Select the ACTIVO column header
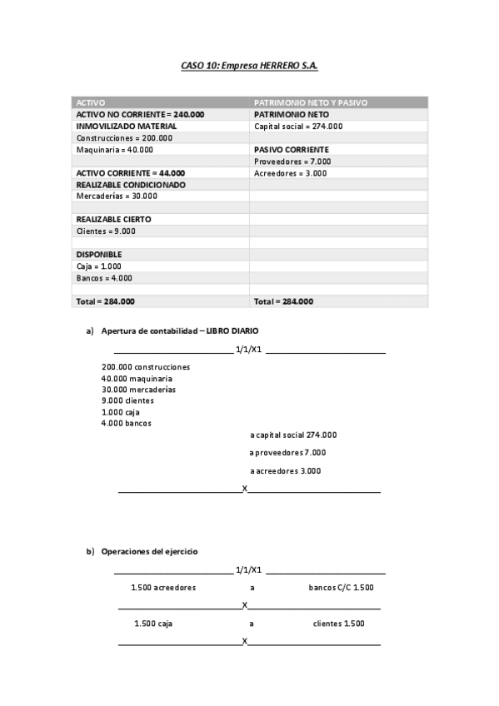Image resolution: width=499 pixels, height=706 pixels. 91,102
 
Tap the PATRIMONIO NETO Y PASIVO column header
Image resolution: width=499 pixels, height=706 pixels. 310,102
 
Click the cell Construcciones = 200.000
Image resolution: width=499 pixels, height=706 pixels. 124,138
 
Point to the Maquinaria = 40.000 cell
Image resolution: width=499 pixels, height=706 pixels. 114,150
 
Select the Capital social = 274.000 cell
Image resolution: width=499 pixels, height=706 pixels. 297,127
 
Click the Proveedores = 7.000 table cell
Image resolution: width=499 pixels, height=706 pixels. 292,162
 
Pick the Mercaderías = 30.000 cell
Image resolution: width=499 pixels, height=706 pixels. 116,196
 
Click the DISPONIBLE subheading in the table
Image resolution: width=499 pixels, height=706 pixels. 99,255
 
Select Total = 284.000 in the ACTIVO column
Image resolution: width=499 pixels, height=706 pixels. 105,301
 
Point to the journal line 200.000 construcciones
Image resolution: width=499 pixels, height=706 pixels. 146,366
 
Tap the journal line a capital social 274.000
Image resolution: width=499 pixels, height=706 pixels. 293,435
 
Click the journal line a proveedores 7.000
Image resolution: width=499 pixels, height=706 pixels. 287,453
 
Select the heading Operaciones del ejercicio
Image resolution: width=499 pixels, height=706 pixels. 149,552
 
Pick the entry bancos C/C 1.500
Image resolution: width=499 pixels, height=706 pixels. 341,588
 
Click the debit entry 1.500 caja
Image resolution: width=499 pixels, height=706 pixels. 153,624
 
